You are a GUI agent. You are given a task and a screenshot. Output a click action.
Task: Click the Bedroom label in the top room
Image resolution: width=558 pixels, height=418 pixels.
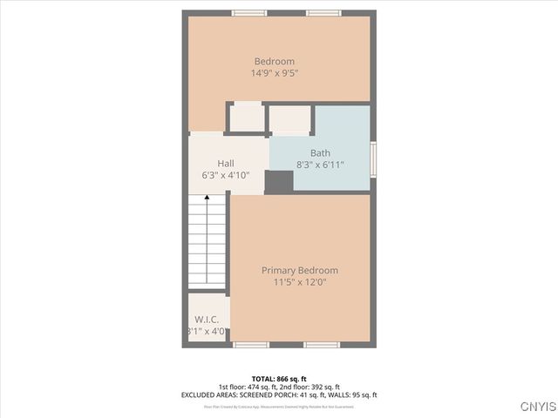coord(274,61)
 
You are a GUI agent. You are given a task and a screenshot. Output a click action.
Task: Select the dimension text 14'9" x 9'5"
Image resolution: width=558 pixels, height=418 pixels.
coord(274,74)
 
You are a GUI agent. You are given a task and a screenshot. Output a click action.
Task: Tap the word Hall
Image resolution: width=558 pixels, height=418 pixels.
coord(226,163)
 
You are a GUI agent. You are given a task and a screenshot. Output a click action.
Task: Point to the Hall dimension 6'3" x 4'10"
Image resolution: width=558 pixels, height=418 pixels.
coord(226,176)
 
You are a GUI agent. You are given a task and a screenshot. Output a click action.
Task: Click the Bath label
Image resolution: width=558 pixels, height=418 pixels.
coord(320,152)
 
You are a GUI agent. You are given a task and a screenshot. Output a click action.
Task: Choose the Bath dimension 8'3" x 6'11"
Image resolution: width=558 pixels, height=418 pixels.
coord(320,165)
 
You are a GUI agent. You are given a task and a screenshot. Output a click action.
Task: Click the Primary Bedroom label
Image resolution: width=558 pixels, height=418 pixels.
coord(300,270)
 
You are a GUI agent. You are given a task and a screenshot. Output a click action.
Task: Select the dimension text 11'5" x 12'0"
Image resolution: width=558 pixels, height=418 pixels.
coord(300,282)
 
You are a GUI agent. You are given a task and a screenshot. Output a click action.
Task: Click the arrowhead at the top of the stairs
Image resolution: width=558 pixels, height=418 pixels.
coord(208,199)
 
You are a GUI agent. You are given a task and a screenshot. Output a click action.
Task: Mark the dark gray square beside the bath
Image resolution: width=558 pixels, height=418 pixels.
coord(279,181)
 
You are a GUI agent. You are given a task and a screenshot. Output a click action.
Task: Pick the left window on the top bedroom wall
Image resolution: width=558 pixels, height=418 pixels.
coord(248,13)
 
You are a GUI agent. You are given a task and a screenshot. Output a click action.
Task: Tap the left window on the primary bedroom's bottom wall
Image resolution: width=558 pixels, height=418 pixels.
coord(248,345)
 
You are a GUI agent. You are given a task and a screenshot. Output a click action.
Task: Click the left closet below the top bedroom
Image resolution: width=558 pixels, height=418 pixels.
coord(246,118)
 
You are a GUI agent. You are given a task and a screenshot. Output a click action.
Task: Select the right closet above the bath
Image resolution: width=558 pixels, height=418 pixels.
coord(289,118)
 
